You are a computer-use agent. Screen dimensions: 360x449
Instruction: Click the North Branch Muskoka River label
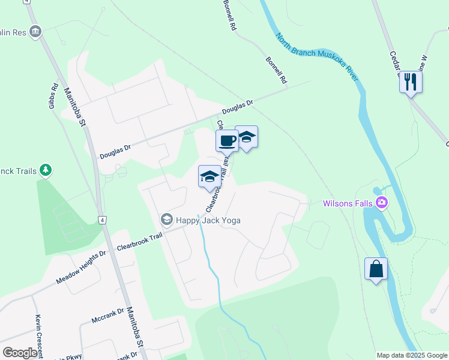317,56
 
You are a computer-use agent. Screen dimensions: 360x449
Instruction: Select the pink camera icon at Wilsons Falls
381,203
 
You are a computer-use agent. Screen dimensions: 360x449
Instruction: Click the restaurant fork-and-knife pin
411,82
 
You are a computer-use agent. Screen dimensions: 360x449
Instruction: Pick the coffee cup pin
227,141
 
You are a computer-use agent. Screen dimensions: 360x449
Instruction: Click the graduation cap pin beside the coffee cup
247,137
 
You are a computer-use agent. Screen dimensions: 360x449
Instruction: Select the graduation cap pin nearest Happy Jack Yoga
209,176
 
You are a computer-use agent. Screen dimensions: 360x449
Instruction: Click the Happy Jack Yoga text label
208,220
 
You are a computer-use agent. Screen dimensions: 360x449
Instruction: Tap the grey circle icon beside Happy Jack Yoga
166,220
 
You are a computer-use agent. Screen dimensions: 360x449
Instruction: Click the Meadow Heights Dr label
80,267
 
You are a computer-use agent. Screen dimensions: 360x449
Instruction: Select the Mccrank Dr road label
107,316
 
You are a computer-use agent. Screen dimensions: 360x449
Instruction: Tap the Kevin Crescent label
38,333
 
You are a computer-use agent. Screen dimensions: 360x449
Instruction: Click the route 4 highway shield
103,220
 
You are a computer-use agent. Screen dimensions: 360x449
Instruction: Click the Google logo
20,353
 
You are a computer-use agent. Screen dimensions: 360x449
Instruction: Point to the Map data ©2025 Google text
411,355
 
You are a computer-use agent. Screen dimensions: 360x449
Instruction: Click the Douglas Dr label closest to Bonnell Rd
238,107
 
